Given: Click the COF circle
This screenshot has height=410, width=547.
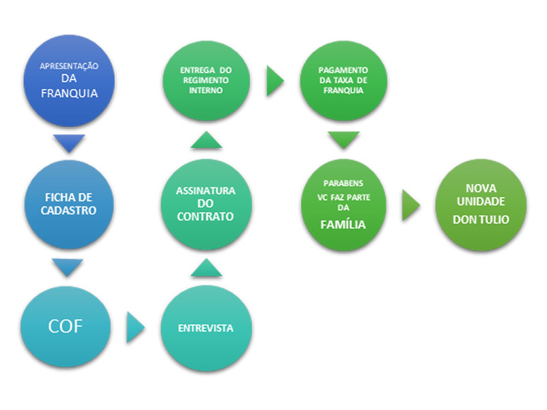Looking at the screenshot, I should [66, 327].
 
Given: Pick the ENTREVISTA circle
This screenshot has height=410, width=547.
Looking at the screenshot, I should [206, 328].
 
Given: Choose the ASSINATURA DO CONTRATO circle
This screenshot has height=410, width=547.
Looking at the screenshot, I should [206, 204].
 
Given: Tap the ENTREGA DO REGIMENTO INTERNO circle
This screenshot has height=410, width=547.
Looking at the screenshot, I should [206, 81].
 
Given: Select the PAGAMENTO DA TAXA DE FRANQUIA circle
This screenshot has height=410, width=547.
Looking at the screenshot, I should [343, 81].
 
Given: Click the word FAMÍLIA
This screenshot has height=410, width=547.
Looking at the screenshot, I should [343, 224].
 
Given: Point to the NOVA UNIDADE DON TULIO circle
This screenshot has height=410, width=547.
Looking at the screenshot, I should [481, 204].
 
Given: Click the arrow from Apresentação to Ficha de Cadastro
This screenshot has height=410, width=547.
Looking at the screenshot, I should [68, 143].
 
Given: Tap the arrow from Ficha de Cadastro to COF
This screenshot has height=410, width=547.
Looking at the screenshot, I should [68, 267].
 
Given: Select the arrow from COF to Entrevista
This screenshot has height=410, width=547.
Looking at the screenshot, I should [135, 329].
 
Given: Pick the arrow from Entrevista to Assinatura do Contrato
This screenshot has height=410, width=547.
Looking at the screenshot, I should [206, 267].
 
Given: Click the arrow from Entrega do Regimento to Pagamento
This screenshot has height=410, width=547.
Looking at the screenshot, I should [274, 81].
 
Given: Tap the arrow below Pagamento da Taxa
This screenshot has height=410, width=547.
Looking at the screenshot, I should [343, 141].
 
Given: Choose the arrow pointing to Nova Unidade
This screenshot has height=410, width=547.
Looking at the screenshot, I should [410, 204].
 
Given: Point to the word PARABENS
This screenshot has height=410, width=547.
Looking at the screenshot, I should [343, 184].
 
